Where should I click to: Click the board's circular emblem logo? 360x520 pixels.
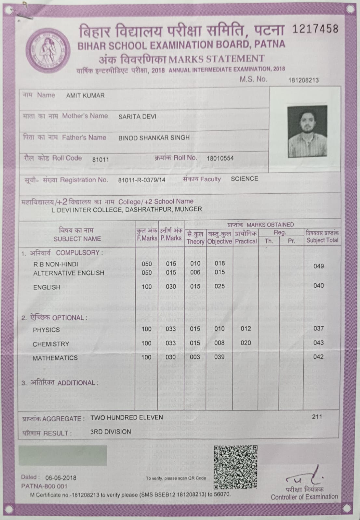tap(48, 50)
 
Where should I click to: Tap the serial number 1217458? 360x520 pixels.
tap(315, 29)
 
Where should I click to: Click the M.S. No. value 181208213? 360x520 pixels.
tap(303, 80)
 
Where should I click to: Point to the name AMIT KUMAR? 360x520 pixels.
tap(85, 96)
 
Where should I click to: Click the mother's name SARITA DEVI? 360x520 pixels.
tap(137, 117)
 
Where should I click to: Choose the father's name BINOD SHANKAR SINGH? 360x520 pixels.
tap(154, 138)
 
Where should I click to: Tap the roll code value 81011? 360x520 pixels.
tap(100, 160)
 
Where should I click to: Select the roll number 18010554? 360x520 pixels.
tap(220, 158)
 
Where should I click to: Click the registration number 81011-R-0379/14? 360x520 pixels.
tap(141, 180)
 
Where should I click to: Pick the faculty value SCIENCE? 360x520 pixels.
tap(245, 179)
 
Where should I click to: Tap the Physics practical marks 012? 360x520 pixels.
tap(246, 329)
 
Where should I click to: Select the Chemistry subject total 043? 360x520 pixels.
tap(318, 343)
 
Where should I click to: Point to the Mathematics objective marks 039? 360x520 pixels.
tap(220, 357)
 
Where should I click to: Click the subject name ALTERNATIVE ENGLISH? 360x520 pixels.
tap(69, 273)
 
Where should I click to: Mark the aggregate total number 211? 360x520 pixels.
tap(317, 417)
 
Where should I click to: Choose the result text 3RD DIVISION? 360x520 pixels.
tap(111, 432)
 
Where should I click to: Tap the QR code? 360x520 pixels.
tap(235, 467)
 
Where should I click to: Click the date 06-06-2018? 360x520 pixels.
tap(61, 478)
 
